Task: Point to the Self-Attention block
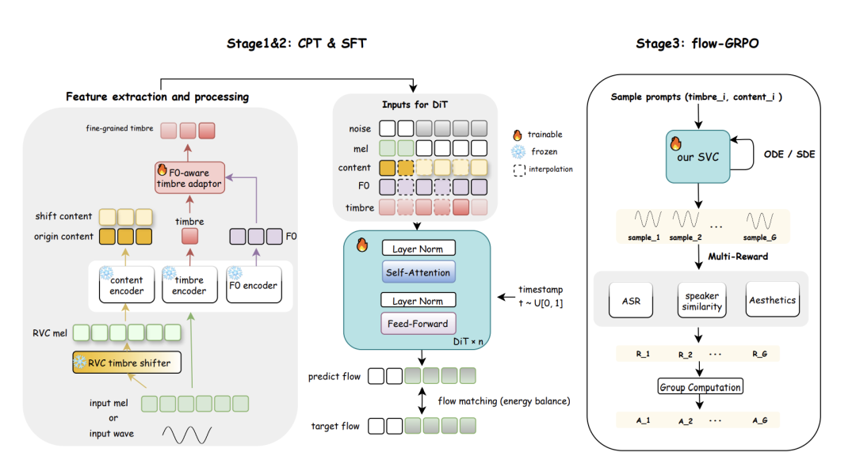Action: pyautogui.click(x=418, y=272)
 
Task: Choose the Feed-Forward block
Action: pyautogui.click(x=418, y=323)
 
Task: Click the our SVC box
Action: pyautogui.click(x=697, y=156)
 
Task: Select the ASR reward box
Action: pyautogui.click(x=630, y=300)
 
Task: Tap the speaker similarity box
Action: pyautogui.click(x=701, y=301)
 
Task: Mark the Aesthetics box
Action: pyautogui.click(x=773, y=300)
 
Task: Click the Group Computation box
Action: pyautogui.click(x=701, y=387)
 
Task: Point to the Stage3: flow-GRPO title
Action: pyautogui.click(x=697, y=44)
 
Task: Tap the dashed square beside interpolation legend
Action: pyautogui.click(x=519, y=169)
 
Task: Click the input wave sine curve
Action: pyautogui.click(x=187, y=434)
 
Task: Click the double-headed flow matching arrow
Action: pyautogui.click(x=423, y=401)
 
